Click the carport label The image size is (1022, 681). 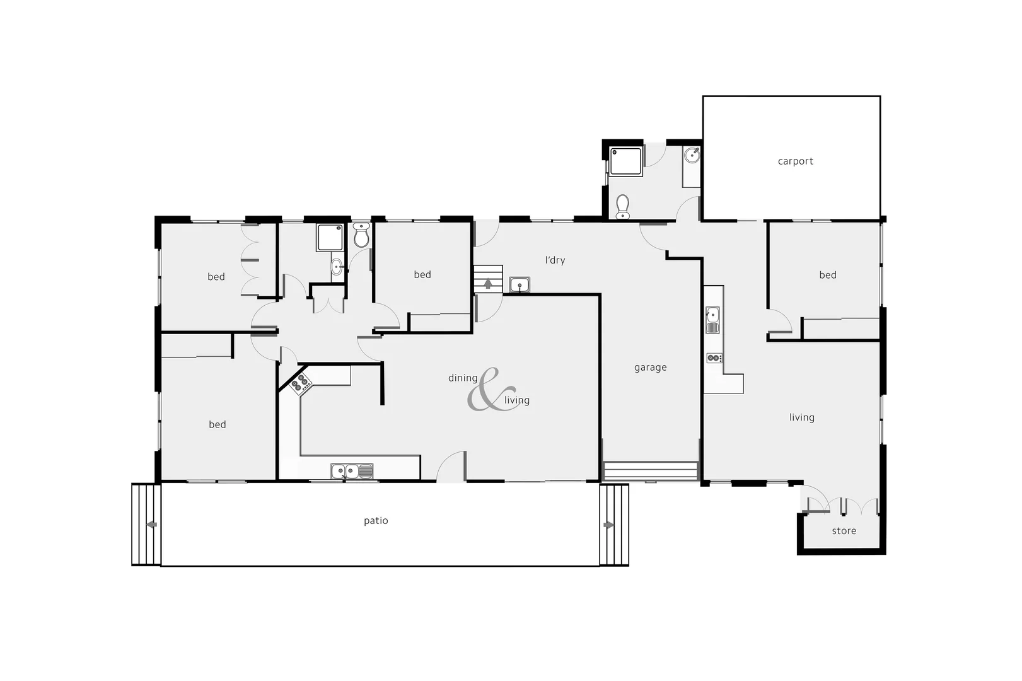[795, 161]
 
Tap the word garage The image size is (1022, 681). [650, 368]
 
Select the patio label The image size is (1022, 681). [376, 521]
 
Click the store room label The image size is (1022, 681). [844, 531]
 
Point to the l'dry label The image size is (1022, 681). [555, 260]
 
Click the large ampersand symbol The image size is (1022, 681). [487, 391]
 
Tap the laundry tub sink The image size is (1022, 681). [520, 285]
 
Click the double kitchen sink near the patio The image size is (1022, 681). [352, 470]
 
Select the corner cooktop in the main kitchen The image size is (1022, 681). [301, 383]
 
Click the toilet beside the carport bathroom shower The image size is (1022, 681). [622, 206]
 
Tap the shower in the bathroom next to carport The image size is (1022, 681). [625, 161]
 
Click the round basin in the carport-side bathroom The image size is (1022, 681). [692, 154]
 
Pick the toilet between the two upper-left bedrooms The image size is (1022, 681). [361, 236]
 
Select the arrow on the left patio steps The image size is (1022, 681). [151, 525]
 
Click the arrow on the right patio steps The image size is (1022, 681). [608, 525]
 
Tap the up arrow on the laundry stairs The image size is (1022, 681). [488, 283]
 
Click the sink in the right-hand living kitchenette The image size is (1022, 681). [712, 319]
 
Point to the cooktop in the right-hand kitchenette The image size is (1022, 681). [714, 358]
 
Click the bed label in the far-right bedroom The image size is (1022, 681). [827, 275]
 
